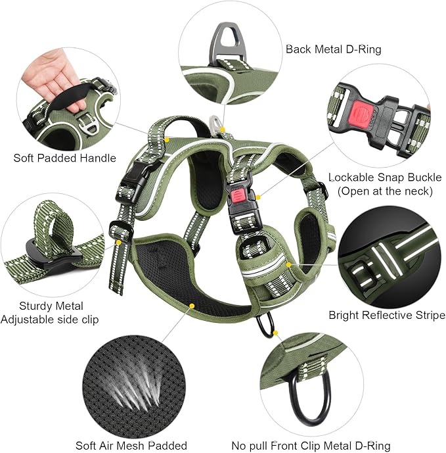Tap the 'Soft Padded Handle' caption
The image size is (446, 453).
(64, 158)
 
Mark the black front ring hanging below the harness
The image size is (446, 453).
(266, 325)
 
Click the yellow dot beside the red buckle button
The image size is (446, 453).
(258, 196)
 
